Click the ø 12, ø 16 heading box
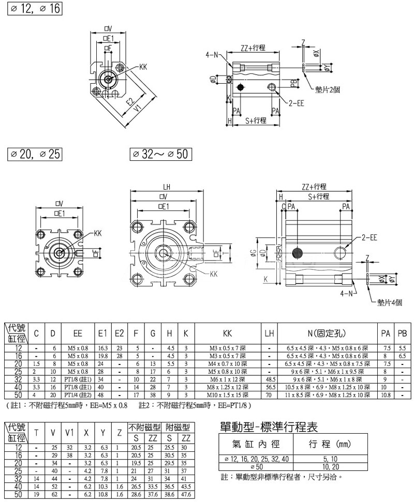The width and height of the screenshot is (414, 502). [x=35, y=9]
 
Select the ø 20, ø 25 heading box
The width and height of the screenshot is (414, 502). [x=35, y=154]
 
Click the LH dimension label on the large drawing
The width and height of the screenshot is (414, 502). [x=166, y=187]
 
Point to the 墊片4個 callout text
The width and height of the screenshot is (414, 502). [x=390, y=302]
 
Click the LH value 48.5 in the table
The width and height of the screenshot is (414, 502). [x=269, y=379]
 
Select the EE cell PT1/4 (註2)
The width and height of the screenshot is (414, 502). [x=79, y=394]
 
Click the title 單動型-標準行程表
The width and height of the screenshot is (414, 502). [x=267, y=427]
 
